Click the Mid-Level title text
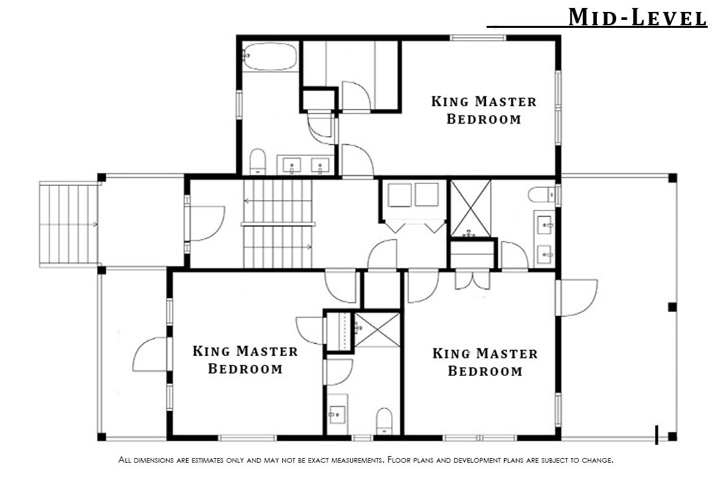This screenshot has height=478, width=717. (x=637, y=17)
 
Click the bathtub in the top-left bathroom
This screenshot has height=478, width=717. (x=270, y=56)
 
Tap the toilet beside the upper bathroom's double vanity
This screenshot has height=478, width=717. (x=258, y=161)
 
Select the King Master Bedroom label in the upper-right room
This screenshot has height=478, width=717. (x=484, y=110)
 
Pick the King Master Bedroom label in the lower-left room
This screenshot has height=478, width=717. (x=245, y=360)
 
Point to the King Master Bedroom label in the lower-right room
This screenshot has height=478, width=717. (x=485, y=362)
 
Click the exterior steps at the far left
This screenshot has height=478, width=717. (x=68, y=224)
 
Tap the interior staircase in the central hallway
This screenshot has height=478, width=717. (x=278, y=224)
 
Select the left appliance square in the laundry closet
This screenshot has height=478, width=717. (x=400, y=195)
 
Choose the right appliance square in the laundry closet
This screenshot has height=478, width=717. (x=427, y=195)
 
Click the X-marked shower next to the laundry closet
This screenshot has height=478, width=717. (x=471, y=208)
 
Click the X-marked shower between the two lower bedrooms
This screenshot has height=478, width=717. (x=377, y=330)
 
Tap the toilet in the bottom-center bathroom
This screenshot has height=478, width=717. (x=384, y=421)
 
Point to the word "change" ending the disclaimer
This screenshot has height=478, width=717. (x=597, y=459)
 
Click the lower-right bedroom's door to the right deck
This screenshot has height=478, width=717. (x=577, y=298)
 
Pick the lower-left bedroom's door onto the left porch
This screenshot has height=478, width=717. (x=151, y=355)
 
